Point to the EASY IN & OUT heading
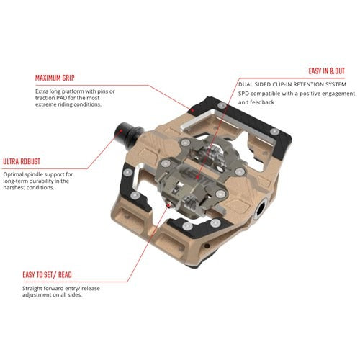(325, 71)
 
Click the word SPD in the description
(246, 94)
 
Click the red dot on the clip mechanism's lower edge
(170, 205)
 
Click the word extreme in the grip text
(51, 105)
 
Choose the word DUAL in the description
(248, 84)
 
